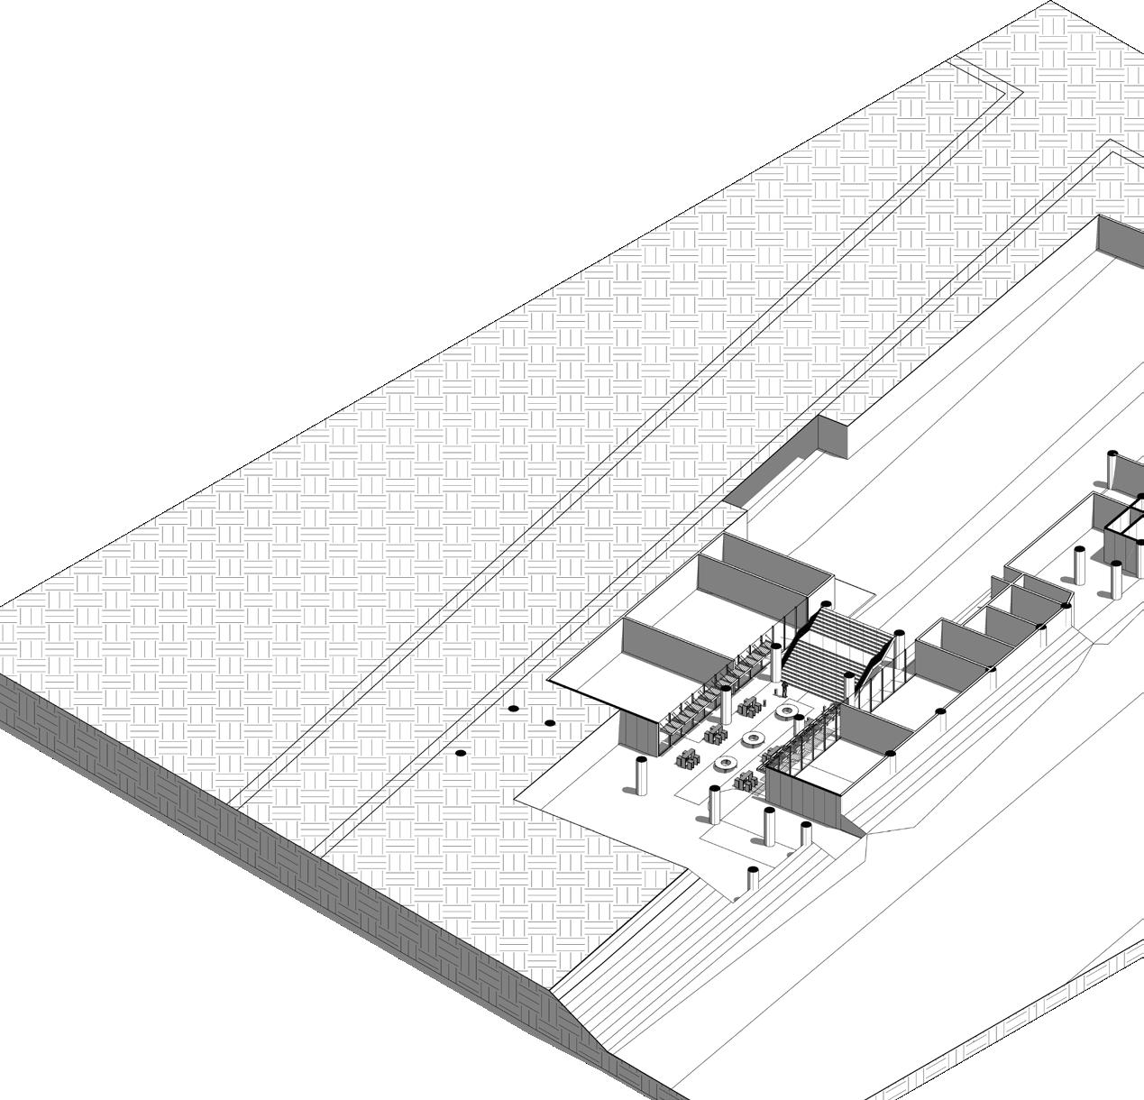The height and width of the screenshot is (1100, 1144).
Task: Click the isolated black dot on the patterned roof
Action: click(x=461, y=753)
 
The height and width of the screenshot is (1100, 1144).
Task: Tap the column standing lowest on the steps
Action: click(x=753, y=879)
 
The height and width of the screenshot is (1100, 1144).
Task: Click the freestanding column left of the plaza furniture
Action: click(x=642, y=775)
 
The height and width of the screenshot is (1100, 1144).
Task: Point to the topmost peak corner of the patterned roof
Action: click(x=1051, y=3)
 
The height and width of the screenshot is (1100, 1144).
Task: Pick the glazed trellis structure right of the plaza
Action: click(x=798, y=739)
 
